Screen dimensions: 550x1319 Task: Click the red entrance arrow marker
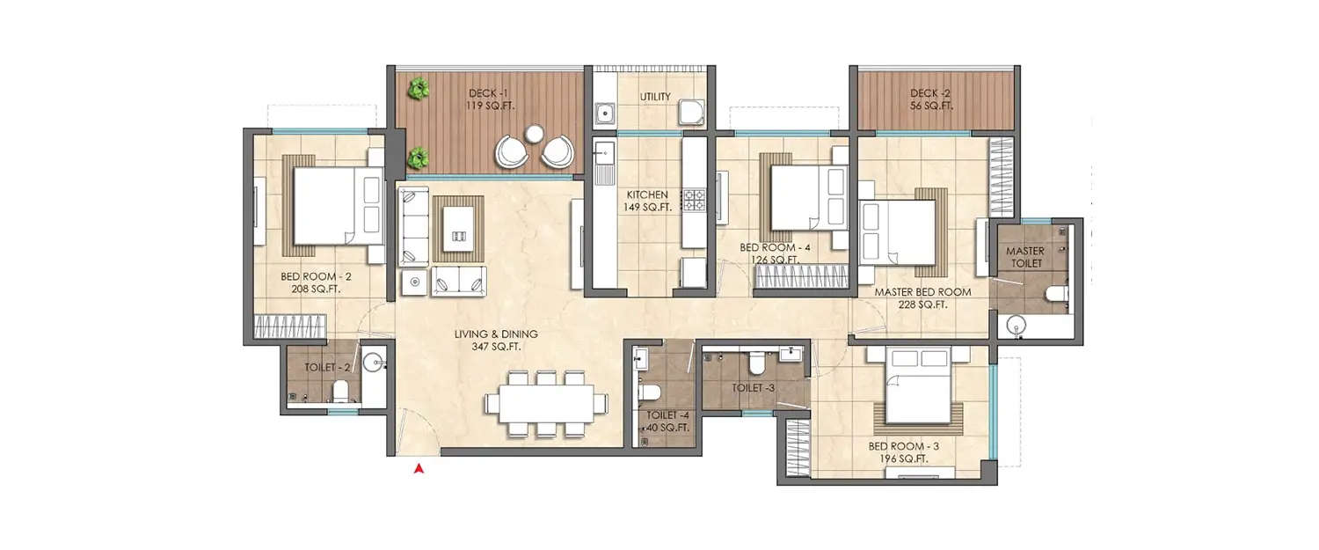420,470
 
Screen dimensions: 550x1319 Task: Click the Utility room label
655,97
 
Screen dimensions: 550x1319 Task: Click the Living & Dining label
496,341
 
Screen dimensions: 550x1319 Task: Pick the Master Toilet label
1024,257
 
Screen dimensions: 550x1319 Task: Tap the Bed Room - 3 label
899,452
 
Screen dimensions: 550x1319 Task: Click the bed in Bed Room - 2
334,206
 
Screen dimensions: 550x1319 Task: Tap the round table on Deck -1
535,134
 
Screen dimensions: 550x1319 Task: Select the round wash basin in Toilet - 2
374,361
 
